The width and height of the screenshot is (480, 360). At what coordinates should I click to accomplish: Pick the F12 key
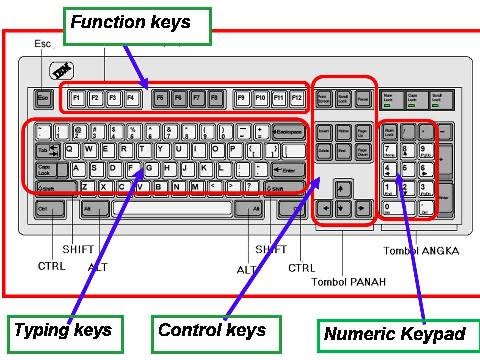point(295,99)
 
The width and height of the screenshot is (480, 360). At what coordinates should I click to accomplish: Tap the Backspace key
point(286,131)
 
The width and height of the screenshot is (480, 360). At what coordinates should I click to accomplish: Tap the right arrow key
point(358,208)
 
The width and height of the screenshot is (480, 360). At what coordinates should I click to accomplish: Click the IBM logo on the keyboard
point(58,70)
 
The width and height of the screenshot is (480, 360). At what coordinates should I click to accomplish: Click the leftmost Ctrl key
point(45,208)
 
